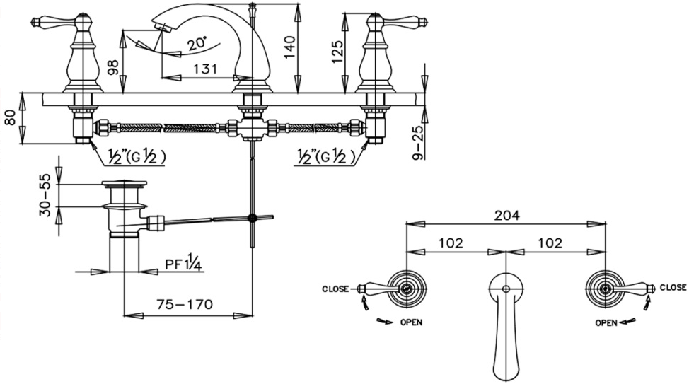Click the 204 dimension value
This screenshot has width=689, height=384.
(506, 216)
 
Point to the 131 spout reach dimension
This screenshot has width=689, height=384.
(206, 69)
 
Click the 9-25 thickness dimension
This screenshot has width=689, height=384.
(419, 143)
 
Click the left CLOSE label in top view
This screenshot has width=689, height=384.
(335, 289)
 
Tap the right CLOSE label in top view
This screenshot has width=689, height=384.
(673, 288)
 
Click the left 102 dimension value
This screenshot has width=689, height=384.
(450, 243)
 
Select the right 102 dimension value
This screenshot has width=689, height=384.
(549, 243)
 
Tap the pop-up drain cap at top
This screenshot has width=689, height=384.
(124, 185)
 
